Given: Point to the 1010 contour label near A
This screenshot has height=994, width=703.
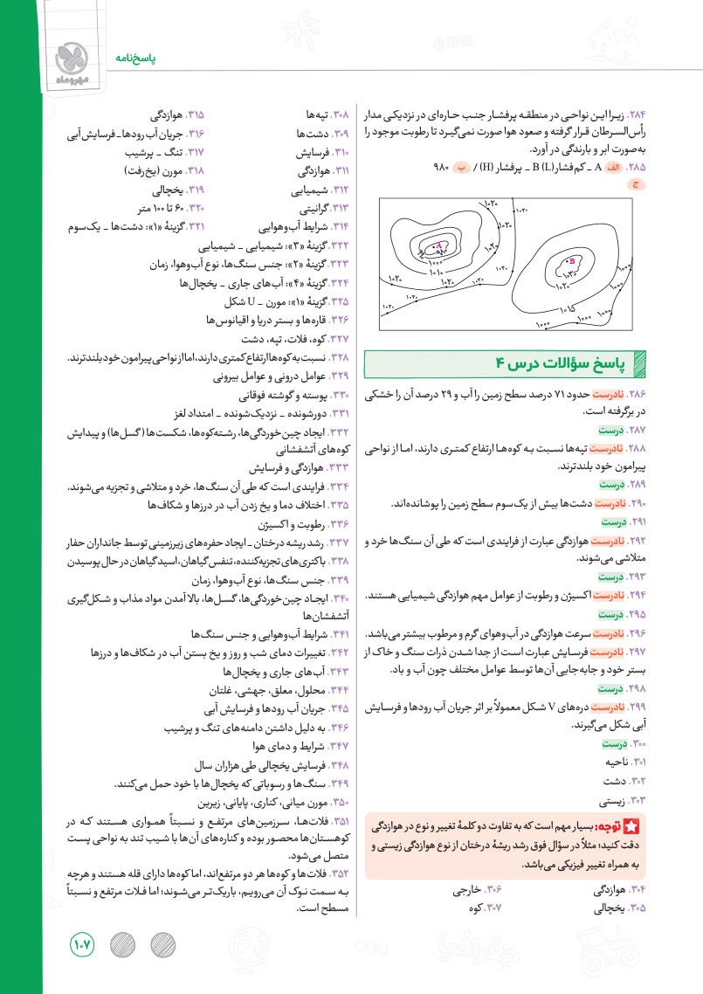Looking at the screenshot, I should [438, 272].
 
